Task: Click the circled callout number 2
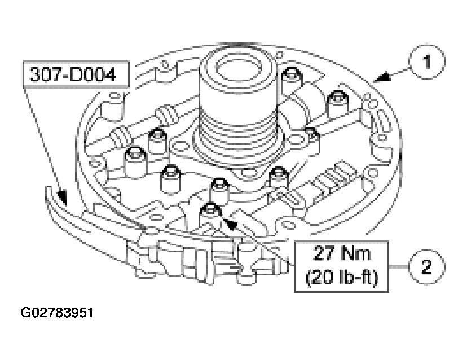(x=428, y=265)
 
